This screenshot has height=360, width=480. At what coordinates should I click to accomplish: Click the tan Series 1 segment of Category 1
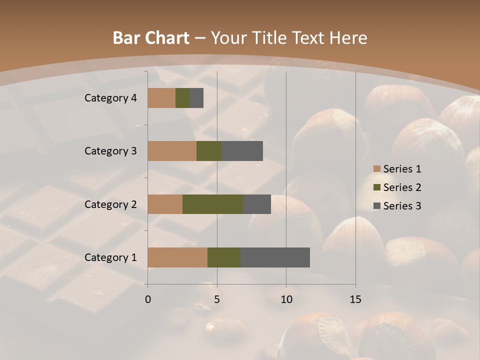(177, 257)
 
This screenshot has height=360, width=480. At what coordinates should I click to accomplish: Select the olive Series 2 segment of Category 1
(224, 257)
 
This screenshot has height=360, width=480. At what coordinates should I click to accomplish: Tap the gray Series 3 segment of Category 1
(275, 257)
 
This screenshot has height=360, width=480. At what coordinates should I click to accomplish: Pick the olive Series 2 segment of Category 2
(213, 204)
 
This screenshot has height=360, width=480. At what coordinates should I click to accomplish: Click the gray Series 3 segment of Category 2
(257, 204)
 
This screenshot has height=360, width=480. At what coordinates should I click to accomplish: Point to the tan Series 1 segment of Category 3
(172, 151)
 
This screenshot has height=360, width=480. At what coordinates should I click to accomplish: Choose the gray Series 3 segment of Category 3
(242, 151)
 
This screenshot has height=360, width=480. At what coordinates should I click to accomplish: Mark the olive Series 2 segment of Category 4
(182, 98)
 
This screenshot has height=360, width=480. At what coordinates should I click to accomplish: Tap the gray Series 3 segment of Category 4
(196, 98)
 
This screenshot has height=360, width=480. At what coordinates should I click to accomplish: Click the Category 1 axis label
(110, 257)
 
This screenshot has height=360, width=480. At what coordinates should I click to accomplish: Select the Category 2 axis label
(110, 204)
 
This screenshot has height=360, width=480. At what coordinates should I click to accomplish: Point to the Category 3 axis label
(110, 151)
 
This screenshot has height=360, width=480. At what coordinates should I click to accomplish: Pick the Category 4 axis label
(110, 98)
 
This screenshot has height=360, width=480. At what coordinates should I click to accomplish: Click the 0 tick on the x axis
(148, 299)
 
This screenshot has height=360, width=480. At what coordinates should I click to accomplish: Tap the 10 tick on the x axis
(286, 299)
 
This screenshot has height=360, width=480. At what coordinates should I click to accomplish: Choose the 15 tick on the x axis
(355, 299)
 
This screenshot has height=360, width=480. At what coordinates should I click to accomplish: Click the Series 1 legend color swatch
(376, 169)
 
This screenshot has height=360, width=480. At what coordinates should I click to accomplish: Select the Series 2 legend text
(402, 187)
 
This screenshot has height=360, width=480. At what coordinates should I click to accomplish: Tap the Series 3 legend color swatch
(376, 206)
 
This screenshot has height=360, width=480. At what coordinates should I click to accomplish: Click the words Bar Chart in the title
(151, 38)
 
